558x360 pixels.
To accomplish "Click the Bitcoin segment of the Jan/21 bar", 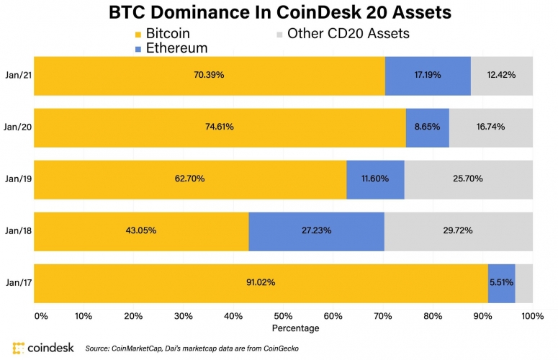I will click(x=209, y=75).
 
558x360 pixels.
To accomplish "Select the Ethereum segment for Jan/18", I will click(x=316, y=230).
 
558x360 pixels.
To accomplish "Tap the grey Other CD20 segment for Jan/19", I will click(x=468, y=179).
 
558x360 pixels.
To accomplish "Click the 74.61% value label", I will click(x=219, y=127).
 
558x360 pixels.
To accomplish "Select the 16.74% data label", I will click(x=490, y=127).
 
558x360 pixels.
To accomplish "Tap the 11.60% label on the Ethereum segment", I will click(x=375, y=179).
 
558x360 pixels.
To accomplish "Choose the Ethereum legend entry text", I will click(x=177, y=48).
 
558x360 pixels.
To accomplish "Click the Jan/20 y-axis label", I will click(x=17, y=127).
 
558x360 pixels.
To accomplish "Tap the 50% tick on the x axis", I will click(x=283, y=315).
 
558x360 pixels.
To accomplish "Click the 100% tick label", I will click(x=532, y=315).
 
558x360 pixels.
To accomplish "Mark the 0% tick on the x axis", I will click(x=41, y=315).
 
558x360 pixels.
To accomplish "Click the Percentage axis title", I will click(x=296, y=328).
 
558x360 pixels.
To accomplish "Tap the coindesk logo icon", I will click(x=19, y=347).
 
